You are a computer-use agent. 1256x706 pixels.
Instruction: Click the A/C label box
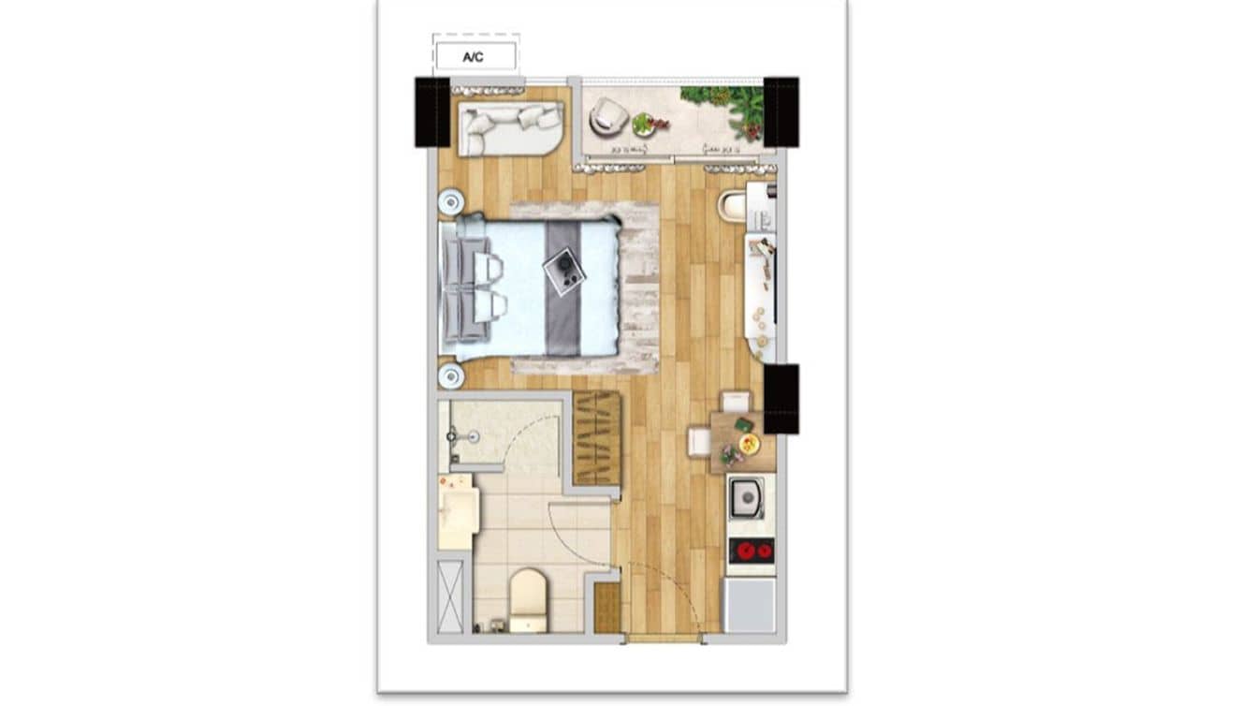[475, 56]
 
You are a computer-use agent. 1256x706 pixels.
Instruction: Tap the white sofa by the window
[510, 129]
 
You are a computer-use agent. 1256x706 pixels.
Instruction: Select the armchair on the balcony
[608, 116]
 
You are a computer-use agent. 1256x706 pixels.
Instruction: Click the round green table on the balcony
[644, 125]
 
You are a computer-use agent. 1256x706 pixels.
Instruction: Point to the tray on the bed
[563, 272]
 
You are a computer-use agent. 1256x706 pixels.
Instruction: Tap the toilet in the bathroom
[528, 600]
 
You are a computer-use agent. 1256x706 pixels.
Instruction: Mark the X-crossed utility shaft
[450, 597]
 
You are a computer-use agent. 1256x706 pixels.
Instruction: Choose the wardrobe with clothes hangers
[597, 437]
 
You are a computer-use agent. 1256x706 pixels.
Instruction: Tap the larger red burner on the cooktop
[746, 552]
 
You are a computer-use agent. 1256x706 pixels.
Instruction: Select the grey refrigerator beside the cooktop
[750, 605]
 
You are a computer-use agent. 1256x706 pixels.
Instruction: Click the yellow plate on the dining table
[749, 444]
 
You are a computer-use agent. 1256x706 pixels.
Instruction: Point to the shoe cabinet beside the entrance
[607, 608]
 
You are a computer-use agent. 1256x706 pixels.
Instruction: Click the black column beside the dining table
[781, 399]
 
